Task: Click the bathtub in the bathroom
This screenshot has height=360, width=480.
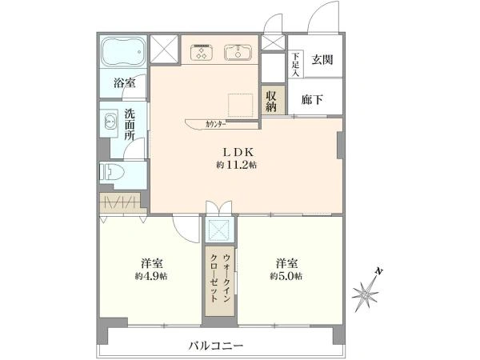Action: click(123, 53)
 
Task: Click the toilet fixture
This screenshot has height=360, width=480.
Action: click(110, 171)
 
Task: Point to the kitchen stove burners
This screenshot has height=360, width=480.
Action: click(200, 53)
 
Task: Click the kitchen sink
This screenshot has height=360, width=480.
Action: click(238, 54)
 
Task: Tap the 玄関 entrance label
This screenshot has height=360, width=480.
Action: click(322, 59)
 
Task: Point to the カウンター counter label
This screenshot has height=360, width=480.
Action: click(215, 124)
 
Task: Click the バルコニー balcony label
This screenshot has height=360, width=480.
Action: click(216, 346)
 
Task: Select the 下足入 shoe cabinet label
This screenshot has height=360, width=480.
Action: click(295, 64)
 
